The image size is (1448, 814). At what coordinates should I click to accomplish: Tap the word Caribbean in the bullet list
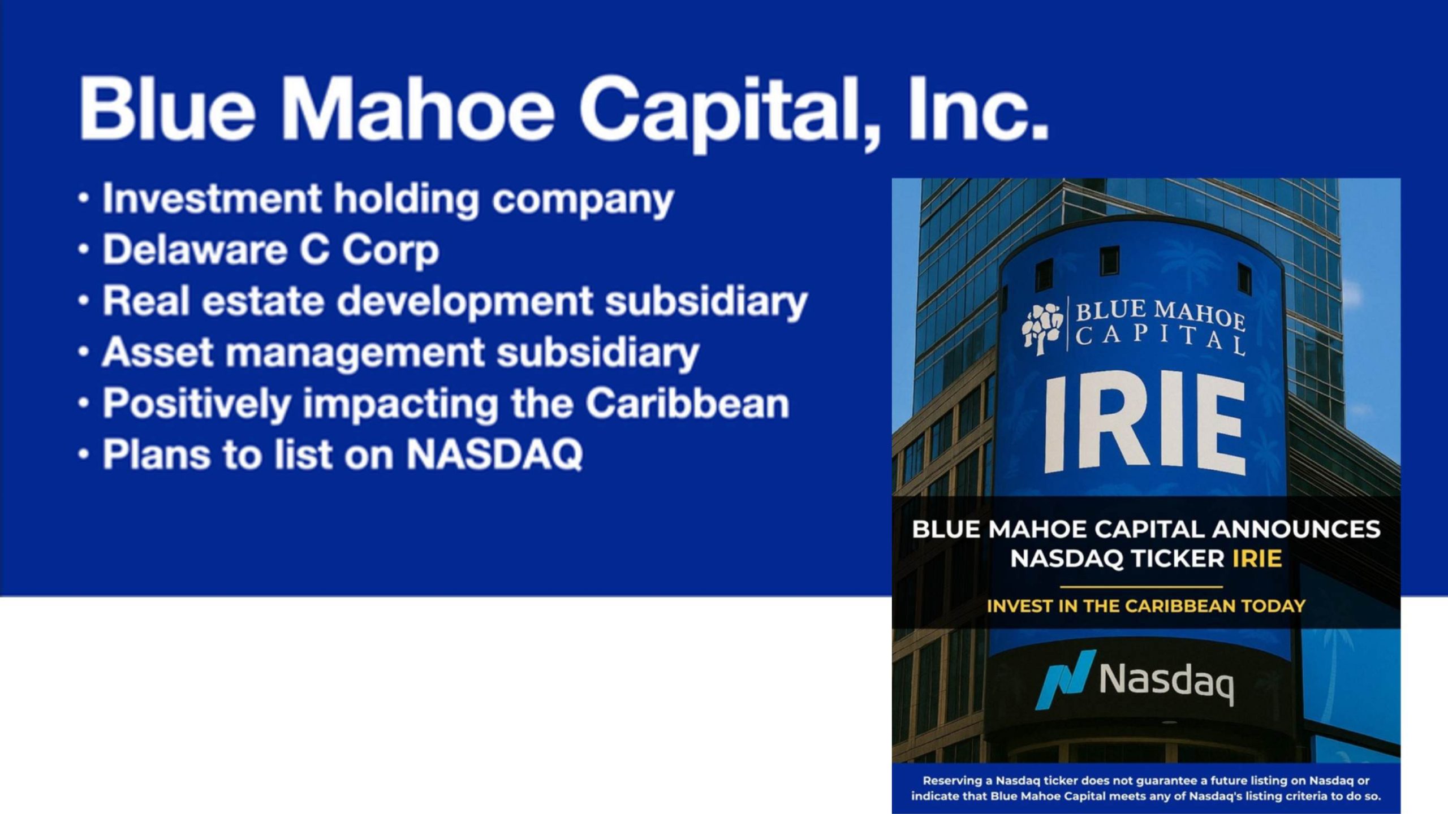[x=687, y=402]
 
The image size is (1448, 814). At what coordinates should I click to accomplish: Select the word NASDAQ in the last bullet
[x=494, y=454]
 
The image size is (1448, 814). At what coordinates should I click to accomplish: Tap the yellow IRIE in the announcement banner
[x=1257, y=559]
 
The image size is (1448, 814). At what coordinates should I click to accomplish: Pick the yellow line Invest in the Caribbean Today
[x=1146, y=606]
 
